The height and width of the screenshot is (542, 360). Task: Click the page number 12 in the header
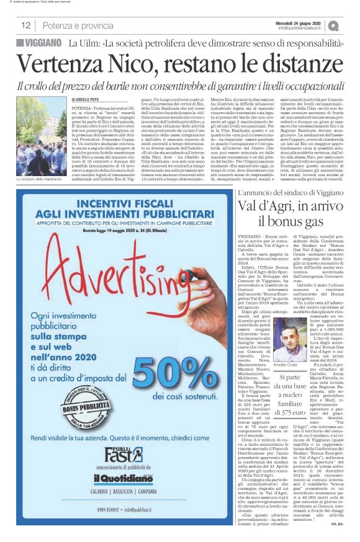click(x=26, y=25)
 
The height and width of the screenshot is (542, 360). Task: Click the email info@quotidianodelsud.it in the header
click(x=302, y=29)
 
